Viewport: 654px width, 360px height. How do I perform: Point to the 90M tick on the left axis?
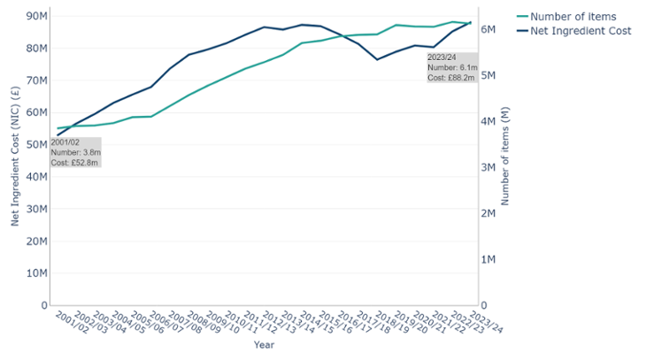pos(36,16)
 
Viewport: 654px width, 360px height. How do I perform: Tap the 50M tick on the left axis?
pos(36,144)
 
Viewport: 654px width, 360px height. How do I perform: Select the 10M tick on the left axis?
pos(36,273)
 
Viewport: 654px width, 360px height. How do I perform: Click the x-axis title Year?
pos(264,344)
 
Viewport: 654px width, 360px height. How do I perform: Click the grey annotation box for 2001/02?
pos(75,152)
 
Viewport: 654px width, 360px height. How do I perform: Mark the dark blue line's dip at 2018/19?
pos(378,59)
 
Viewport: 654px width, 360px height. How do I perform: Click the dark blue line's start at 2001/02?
pos(58,135)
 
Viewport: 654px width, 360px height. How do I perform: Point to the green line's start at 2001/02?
pos(58,128)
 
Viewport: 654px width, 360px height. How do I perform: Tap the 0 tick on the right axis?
pos(487,305)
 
